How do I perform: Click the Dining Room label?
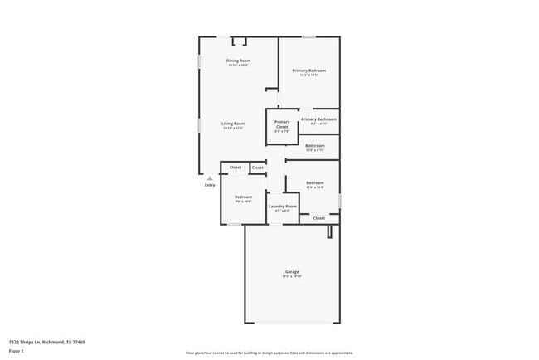[x=239, y=61]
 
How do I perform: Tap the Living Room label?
[x=233, y=124]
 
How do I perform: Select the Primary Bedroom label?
[x=308, y=71]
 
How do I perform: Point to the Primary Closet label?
[x=282, y=124]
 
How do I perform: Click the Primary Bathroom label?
[x=318, y=119]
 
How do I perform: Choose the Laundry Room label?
[x=282, y=206]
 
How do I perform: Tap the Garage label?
[x=292, y=271]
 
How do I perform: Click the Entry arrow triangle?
[x=210, y=178]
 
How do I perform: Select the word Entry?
[x=210, y=185]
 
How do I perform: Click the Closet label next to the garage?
[x=318, y=218]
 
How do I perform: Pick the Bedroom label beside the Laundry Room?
[x=243, y=197]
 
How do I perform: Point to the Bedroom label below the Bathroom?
[x=314, y=182]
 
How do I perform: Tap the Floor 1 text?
[x=16, y=351]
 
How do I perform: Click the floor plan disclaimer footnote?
[x=269, y=352]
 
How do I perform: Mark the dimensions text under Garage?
[x=292, y=276]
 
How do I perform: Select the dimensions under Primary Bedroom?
[x=308, y=75]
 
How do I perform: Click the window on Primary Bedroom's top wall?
[x=308, y=36]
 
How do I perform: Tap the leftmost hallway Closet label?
[x=236, y=168]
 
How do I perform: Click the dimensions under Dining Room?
[x=239, y=66]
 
